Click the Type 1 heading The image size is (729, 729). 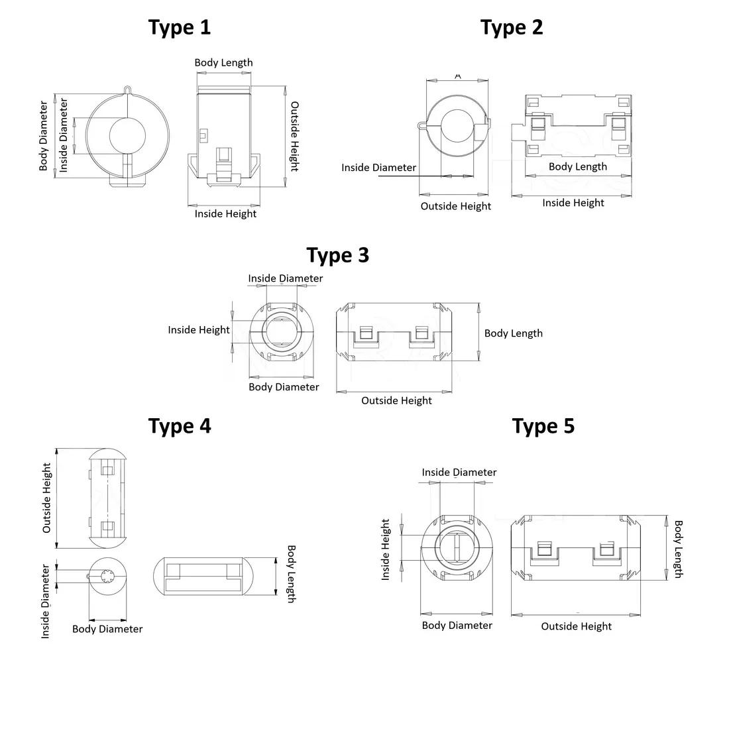click(x=180, y=28)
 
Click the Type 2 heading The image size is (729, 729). click(x=512, y=28)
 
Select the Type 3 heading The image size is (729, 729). click(x=338, y=255)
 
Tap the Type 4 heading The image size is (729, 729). click(x=180, y=426)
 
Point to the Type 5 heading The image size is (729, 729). click(x=543, y=426)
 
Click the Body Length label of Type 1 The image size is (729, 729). click(x=223, y=63)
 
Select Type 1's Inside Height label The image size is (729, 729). click(x=225, y=213)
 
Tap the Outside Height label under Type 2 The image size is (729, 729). click(x=456, y=206)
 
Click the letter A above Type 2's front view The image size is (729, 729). click(x=458, y=76)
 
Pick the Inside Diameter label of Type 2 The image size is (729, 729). click(x=378, y=168)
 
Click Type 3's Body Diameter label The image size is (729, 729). click(x=284, y=387)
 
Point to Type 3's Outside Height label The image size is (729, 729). click(x=396, y=400)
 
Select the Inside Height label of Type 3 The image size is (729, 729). click(x=199, y=330)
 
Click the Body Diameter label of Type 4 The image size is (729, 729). click(x=107, y=629)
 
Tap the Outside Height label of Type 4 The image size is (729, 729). click(x=47, y=498)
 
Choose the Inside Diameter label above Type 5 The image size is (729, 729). click(x=459, y=473)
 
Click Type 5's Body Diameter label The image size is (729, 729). click(x=457, y=626)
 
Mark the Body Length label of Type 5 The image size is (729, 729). click(x=678, y=549)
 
